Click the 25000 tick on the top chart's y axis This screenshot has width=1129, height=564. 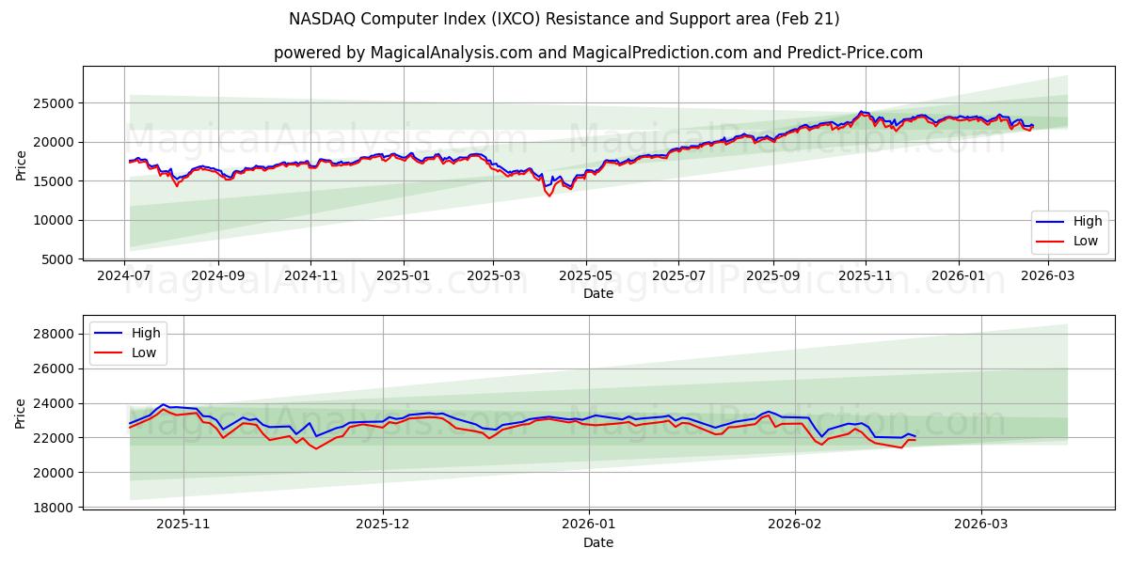[x=57, y=103]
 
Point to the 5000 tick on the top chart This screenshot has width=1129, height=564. [x=61, y=259]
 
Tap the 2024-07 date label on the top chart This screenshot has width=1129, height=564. [x=125, y=276]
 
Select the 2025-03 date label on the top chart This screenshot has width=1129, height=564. [x=494, y=276]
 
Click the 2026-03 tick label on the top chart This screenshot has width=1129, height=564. [x=1048, y=276]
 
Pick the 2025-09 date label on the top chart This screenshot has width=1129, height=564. [x=772, y=276]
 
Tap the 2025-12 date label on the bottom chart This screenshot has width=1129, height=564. [x=384, y=525]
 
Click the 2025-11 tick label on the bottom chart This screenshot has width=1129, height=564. [x=183, y=525]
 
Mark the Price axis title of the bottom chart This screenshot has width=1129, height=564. [x=21, y=413]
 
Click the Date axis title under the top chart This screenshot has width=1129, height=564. [x=598, y=293]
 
